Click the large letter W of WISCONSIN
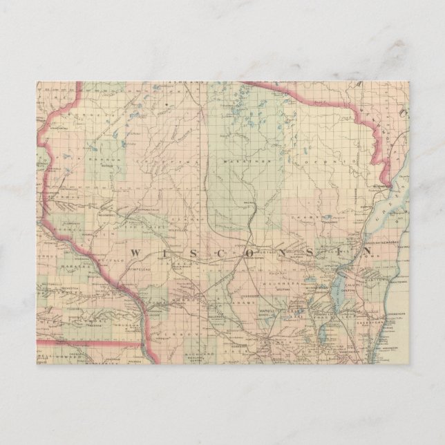tap(136, 252)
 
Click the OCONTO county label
tap(326, 160)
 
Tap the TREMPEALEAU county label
tap(131, 266)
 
